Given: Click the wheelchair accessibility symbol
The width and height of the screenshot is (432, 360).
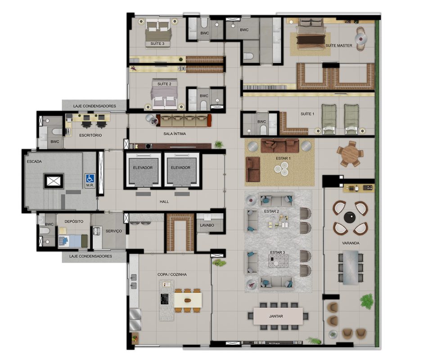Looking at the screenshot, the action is coord(90,178).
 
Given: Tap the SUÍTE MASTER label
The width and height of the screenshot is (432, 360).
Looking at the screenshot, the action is coord(338,45).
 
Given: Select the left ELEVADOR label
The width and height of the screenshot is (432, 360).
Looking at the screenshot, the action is coord(143,167).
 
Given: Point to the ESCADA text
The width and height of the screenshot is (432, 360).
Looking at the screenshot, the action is coord(34,162).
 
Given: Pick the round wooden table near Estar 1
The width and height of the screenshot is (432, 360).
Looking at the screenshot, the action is coord(350,154).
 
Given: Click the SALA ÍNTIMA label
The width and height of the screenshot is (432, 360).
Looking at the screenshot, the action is coord(175,134).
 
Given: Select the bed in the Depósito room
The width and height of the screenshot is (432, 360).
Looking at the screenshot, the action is coord(73,241).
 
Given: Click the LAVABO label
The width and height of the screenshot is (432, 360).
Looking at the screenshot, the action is coord(207,225).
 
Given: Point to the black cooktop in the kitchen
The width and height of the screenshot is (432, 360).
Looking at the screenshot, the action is coord(165,299).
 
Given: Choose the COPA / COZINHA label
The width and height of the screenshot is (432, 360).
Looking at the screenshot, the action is coord(172,274).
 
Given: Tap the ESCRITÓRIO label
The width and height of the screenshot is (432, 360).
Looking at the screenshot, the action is coord(90,135).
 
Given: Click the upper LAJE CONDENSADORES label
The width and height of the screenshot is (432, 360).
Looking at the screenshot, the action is coord(94,106).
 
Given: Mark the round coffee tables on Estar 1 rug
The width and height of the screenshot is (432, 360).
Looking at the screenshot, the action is coord(281,169).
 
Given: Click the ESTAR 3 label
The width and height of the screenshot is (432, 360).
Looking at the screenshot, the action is coord(278,252).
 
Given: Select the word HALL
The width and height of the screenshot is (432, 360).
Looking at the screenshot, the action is coord(164,202).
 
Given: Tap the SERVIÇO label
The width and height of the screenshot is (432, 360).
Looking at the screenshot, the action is coord(113,231).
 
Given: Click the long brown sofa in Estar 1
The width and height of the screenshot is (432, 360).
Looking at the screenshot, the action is coord(279,145).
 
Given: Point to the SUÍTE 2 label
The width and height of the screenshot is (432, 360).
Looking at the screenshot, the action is coord(164,84).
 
